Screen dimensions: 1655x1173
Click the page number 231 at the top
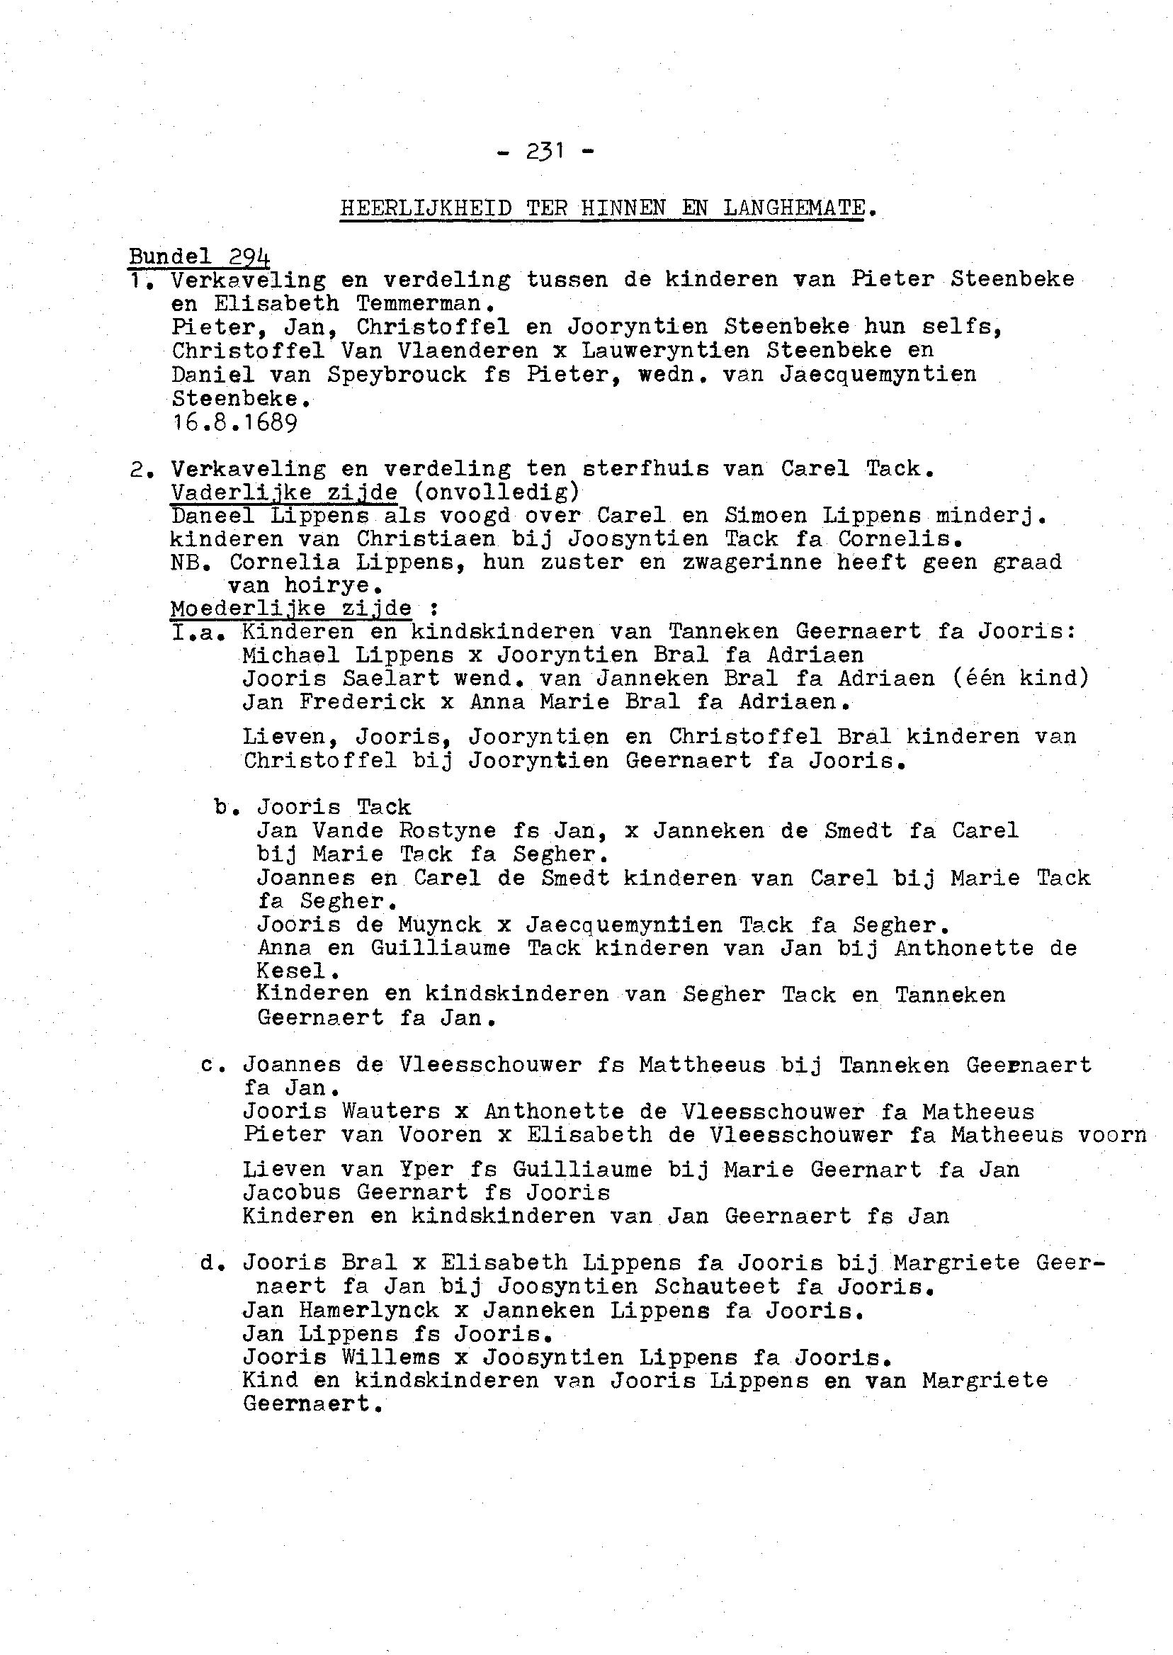[x=545, y=152]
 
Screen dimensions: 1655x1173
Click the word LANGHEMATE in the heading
[x=794, y=208]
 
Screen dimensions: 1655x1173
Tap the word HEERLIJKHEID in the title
[x=426, y=208]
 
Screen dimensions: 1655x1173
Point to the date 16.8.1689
[x=234, y=422]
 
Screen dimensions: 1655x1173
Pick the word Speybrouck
[x=397, y=374]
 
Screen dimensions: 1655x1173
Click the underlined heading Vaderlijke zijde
[x=284, y=492]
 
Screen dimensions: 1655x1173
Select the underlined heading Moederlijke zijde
[x=291, y=609]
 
